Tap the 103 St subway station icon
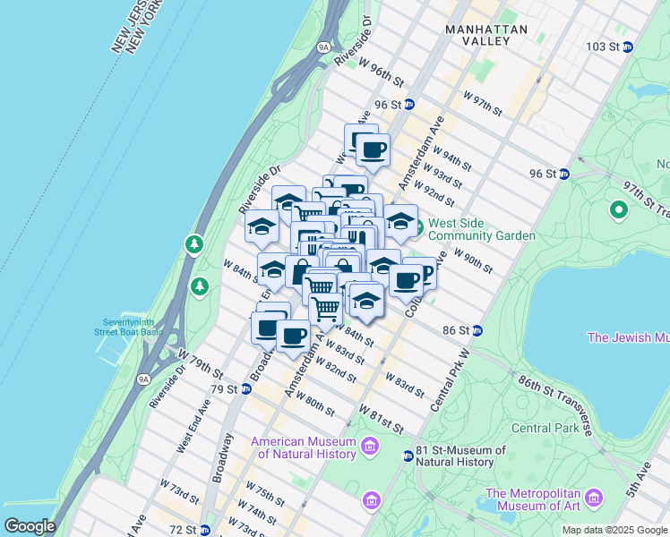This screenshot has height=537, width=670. click(x=628, y=47)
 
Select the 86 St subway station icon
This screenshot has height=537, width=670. click(x=478, y=330)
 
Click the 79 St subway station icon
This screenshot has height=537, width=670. click(x=245, y=389)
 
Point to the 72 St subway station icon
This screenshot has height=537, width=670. click(x=206, y=530)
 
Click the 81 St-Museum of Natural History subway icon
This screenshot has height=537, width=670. click(x=408, y=456)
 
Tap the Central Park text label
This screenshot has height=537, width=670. click(x=540, y=428)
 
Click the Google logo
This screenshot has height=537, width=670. click(x=30, y=526)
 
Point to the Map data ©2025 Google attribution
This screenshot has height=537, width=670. click(x=614, y=530)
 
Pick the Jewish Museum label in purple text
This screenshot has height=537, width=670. click(x=627, y=337)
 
